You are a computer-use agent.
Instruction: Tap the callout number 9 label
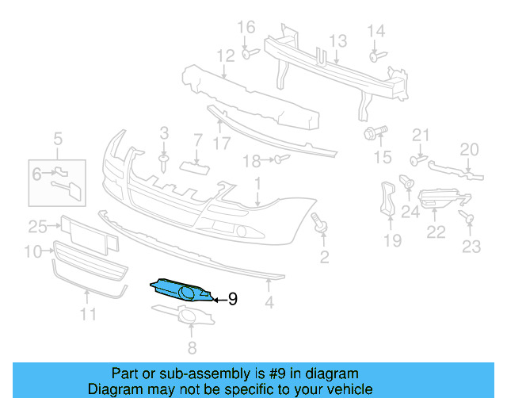(x=233, y=299)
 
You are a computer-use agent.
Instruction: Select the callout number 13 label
(x=338, y=40)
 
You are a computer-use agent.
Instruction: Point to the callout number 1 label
(x=257, y=184)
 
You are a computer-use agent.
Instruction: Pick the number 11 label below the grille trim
(x=87, y=314)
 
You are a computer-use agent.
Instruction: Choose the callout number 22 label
(x=436, y=232)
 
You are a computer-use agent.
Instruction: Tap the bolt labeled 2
(x=321, y=224)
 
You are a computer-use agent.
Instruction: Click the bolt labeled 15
(x=372, y=132)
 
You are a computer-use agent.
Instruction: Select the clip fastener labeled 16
(x=247, y=53)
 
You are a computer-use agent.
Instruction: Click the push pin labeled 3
(x=163, y=162)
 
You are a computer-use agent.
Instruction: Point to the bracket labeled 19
(x=388, y=198)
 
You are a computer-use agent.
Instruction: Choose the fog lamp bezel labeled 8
(x=190, y=321)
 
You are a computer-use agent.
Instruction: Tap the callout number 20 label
(x=471, y=149)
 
